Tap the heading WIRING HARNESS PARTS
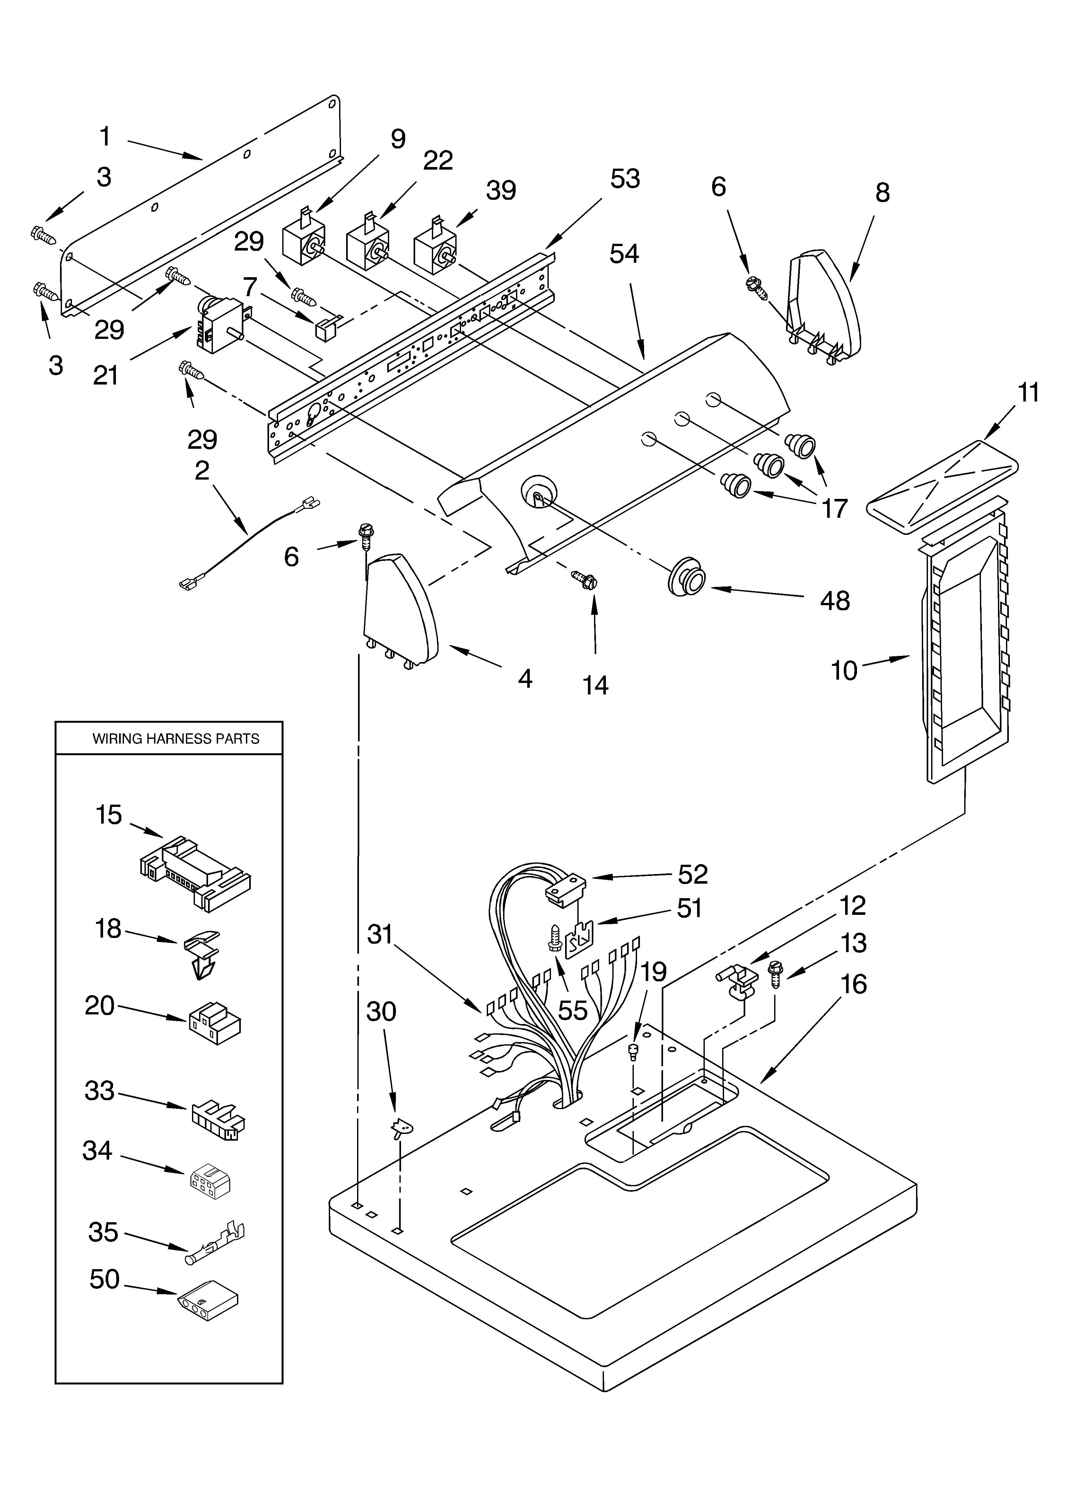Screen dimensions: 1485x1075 point(175,738)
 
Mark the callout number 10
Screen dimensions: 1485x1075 point(844,670)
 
